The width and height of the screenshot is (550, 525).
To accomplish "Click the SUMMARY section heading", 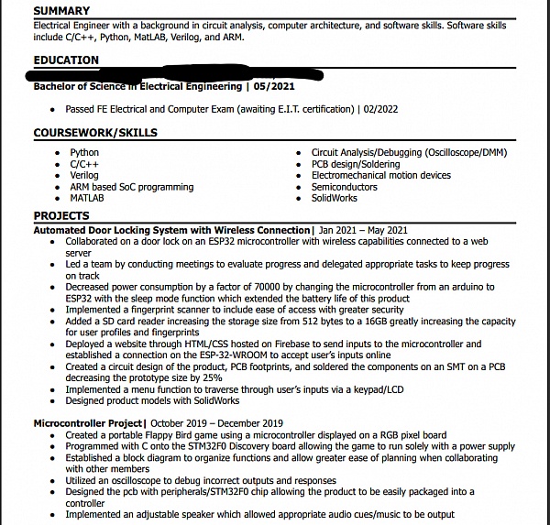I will coord(61,11).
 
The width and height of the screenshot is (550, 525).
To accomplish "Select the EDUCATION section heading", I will coord(66,60).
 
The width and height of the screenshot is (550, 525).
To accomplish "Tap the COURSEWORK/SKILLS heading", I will coord(95,133).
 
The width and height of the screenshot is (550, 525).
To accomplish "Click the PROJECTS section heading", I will coord(61,216).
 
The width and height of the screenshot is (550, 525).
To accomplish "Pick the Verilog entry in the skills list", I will coord(84,175).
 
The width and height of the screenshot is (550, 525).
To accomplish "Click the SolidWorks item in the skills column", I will coord(334,198).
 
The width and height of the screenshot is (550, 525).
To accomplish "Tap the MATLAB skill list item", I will coord(87,198).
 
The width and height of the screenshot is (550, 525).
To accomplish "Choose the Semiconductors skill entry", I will coord(345,187).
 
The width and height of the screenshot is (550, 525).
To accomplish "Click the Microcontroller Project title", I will coord(87,423).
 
